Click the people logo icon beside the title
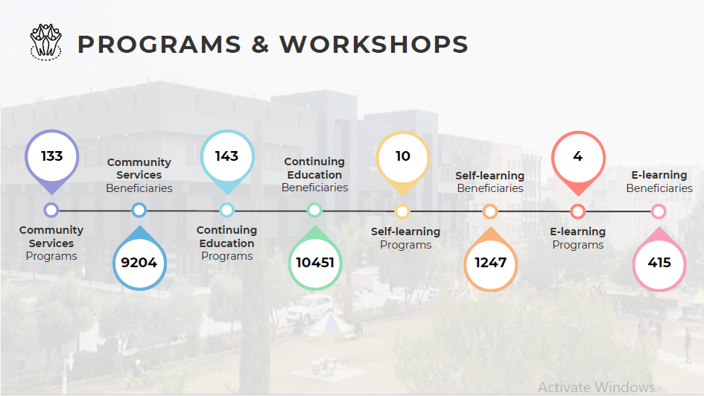(x=45, y=42)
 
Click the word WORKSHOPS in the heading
(x=374, y=45)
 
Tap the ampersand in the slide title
(x=261, y=45)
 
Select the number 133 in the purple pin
(x=51, y=156)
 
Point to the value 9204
(x=139, y=262)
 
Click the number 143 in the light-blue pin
(x=226, y=156)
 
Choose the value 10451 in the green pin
(x=315, y=262)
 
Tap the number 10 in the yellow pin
(x=403, y=156)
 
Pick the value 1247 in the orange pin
(x=491, y=262)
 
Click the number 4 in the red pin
(x=578, y=156)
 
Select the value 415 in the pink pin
(x=659, y=262)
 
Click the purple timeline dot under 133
(x=51, y=210)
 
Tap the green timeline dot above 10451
(x=314, y=210)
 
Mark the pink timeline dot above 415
(x=659, y=211)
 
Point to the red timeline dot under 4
(x=577, y=211)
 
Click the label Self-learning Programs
(x=405, y=238)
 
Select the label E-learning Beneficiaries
(x=659, y=182)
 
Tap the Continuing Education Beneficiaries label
(x=314, y=174)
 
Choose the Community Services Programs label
(x=51, y=243)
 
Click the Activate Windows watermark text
(x=596, y=387)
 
